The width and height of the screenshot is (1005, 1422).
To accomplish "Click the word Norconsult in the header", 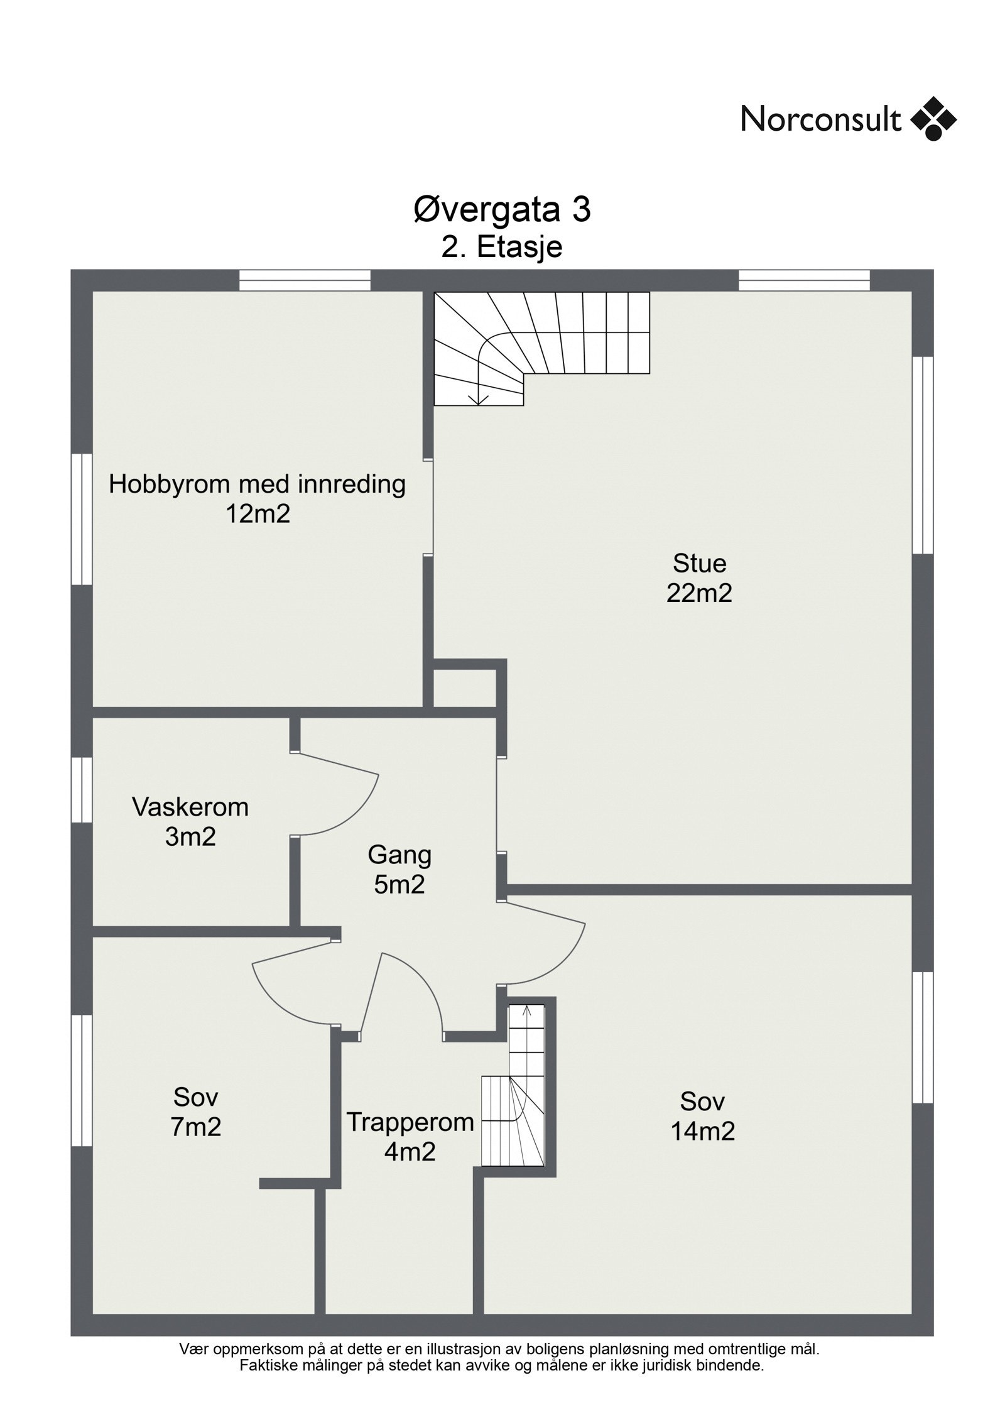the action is click(x=821, y=118).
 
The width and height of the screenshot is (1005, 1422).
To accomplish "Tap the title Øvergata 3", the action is click(x=502, y=210).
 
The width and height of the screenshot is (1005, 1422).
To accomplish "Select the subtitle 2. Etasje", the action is click(x=502, y=248).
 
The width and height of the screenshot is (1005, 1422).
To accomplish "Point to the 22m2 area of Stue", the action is click(x=699, y=593).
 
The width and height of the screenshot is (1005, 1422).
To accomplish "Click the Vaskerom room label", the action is click(x=190, y=807).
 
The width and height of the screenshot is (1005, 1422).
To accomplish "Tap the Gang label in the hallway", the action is click(x=399, y=855).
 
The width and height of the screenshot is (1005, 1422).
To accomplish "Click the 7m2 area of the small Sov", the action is click(x=195, y=1127).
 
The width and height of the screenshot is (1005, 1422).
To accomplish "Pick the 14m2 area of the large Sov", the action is click(x=703, y=1131).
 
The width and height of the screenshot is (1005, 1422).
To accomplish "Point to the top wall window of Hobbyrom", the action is click(x=305, y=280).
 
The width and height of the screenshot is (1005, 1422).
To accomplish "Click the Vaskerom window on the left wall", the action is click(x=82, y=789).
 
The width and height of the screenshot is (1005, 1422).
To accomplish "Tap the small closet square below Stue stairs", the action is click(x=465, y=688).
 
